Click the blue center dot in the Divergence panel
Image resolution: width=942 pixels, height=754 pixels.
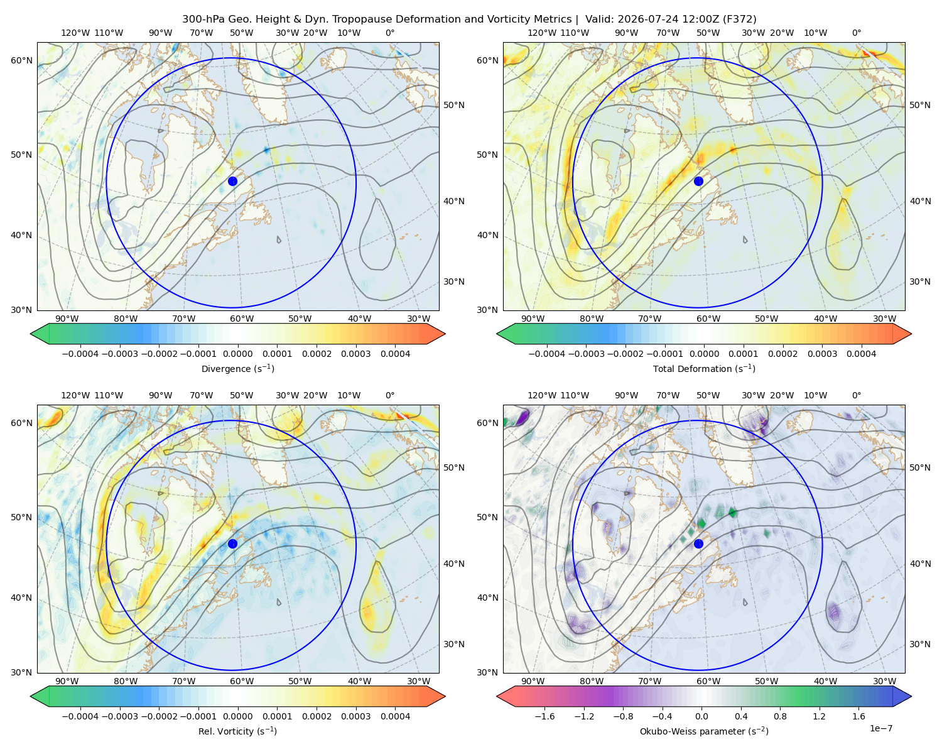[x=232, y=181]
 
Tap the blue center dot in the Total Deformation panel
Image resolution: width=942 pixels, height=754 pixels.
[x=698, y=181]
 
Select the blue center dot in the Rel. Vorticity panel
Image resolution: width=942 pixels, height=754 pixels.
[x=232, y=544]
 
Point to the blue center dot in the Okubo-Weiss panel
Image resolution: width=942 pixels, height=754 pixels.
[x=698, y=544]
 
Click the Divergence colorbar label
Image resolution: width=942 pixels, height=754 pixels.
[x=237, y=368]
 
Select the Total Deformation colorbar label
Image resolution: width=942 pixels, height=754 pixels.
[x=704, y=368]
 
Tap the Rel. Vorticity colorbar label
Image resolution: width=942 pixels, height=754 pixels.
[x=237, y=731]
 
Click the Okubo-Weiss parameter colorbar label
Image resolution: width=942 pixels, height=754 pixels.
[x=704, y=731]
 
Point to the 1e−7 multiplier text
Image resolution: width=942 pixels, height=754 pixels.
[x=880, y=728]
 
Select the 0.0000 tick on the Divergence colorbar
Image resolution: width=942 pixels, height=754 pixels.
[x=237, y=354]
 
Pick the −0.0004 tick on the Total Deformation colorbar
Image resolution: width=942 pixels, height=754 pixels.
[x=547, y=354]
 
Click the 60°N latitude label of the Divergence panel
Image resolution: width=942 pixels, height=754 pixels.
[x=21, y=60]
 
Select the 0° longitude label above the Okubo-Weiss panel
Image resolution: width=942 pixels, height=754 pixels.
[x=856, y=395]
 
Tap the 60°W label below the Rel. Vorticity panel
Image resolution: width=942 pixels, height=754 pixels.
[x=242, y=681]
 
